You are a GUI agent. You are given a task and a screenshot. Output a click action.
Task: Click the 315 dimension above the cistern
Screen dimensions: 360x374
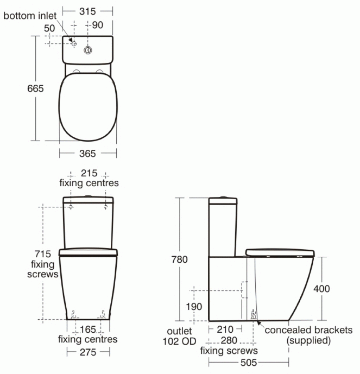click(87, 11)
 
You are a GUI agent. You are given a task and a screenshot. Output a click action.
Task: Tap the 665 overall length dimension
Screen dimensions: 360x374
click(35, 88)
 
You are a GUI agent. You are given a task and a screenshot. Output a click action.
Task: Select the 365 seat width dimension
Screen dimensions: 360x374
click(87, 154)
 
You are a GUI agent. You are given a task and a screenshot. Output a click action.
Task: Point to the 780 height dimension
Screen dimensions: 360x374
click(179, 259)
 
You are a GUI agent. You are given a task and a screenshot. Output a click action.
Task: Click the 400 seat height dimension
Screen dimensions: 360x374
click(321, 289)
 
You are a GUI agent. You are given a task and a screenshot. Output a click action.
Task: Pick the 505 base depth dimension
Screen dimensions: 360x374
click(249, 363)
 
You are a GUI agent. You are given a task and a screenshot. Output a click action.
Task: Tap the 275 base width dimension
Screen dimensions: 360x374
click(88, 352)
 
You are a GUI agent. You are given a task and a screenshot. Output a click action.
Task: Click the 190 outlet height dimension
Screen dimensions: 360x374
click(194, 307)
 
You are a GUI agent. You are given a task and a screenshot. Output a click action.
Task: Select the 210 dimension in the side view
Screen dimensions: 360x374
click(225, 329)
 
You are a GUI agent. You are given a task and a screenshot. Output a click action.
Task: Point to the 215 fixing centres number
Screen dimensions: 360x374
click(89, 173)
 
